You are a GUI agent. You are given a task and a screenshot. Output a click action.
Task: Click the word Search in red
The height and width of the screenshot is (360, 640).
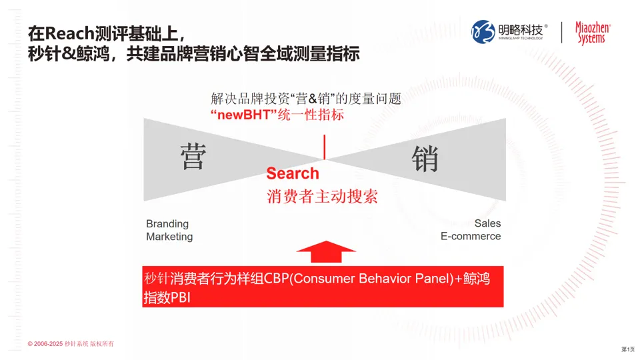click(293, 173)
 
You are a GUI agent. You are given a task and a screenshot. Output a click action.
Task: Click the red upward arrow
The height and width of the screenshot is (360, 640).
click(327, 254)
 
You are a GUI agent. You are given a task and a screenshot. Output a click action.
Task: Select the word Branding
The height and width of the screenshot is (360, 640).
click(167, 223)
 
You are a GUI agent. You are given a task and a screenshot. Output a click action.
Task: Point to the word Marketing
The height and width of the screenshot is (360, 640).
click(169, 237)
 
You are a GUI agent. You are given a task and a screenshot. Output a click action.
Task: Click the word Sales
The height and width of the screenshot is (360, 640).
click(487, 223)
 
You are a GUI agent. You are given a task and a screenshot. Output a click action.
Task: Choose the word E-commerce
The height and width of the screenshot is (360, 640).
click(471, 236)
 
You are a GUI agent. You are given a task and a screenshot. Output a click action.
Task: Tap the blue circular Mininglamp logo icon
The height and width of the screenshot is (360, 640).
click(484, 31)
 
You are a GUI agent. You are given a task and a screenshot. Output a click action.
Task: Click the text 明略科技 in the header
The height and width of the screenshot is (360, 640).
click(521, 29)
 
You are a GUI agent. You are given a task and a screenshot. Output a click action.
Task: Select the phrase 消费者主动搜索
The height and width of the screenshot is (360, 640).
click(323, 197)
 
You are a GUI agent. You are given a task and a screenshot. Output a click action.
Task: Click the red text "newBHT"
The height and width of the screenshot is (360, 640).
click(238, 115)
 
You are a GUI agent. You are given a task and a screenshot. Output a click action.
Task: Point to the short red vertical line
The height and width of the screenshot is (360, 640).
click(325, 147)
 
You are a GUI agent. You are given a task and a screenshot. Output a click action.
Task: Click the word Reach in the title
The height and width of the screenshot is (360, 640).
click(69, 31)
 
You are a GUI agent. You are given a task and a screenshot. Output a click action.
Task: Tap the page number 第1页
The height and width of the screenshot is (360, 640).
click(627, 349)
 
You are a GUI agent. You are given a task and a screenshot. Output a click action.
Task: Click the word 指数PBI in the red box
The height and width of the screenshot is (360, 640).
click(167, 297)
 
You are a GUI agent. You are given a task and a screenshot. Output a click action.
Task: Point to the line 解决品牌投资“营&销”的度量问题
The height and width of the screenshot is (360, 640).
click(306, 99)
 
